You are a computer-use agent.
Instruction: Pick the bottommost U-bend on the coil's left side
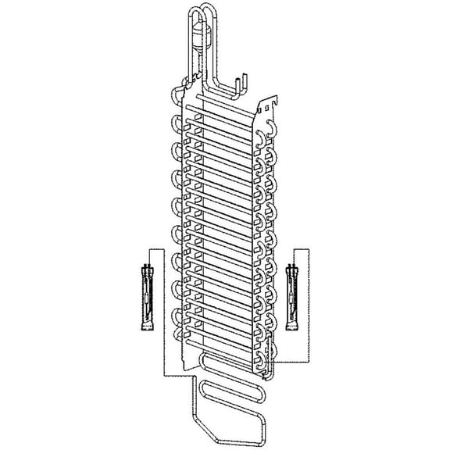point(177,340)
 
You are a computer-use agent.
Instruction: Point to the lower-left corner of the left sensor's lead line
point(162,374)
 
